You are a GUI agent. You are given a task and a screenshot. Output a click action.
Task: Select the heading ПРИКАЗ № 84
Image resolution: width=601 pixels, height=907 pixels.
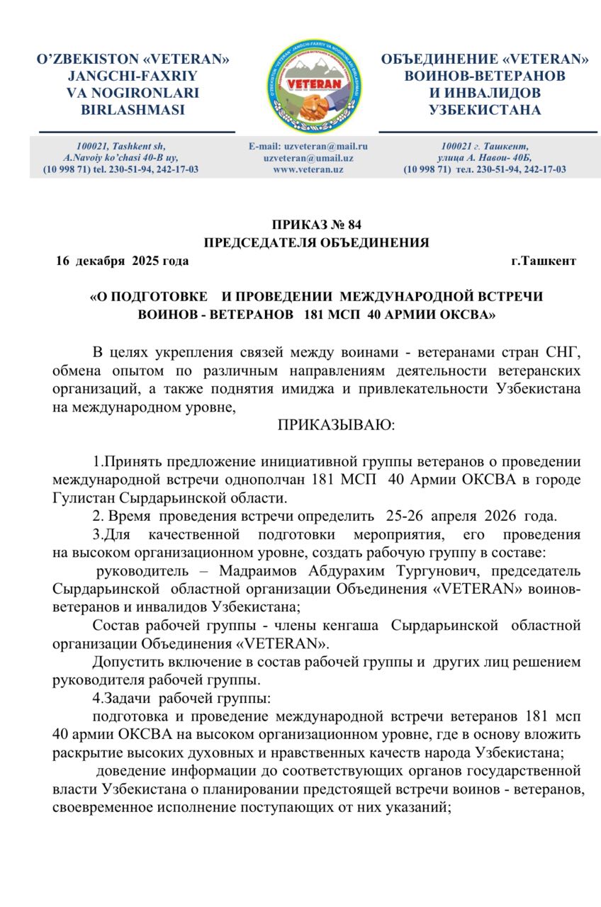(x=316, y=226)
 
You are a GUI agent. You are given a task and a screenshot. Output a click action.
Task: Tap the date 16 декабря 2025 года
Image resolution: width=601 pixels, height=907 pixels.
(x=123, y=261)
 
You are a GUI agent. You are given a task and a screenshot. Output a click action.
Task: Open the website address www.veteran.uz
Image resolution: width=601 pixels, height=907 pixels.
(x=308, y=170)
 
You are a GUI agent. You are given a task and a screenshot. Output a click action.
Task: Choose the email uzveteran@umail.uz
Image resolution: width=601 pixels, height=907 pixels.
(x=308, y=159)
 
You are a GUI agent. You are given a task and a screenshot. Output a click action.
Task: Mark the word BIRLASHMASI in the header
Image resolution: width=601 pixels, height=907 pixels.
(x=133, y=110)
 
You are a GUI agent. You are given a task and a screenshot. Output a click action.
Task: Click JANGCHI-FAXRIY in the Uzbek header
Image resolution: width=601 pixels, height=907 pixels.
(x=133, y=76)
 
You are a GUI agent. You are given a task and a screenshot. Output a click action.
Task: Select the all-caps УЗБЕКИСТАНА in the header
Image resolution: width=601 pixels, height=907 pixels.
(x=485, y=110)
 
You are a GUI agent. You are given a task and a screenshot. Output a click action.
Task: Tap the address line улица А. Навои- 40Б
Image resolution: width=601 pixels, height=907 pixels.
(x=485, y=158)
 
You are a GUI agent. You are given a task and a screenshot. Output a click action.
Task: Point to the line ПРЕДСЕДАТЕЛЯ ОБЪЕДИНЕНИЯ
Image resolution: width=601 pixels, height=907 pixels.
(x=316, y=243)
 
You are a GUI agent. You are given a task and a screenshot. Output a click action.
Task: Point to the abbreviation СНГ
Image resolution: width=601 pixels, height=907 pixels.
(x=563, y=353)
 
